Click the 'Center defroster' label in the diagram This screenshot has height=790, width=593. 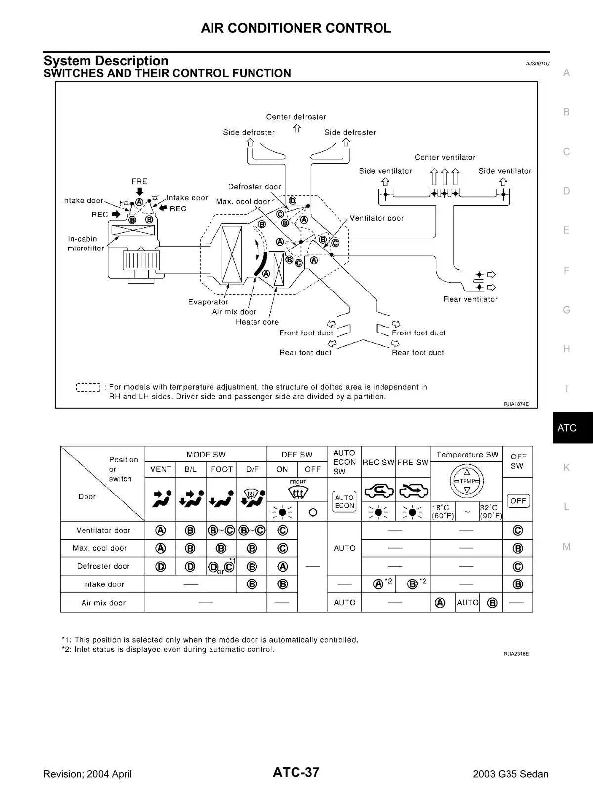point(296,117)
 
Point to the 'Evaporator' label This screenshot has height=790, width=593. point(208,302)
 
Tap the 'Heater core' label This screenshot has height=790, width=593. point(257,322)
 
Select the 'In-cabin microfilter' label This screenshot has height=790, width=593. point(85,244)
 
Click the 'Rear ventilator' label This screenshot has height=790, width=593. point(470,299)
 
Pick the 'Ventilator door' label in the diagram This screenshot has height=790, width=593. point(377,218)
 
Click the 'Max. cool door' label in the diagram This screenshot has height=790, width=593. point(243,202)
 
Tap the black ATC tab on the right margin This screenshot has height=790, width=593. point(572,428)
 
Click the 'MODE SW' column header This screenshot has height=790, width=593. point(206,455)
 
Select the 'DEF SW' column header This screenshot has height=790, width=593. point(297,455)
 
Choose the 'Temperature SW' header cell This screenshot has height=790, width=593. point(467,455)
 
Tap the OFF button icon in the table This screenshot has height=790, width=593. point(518,501)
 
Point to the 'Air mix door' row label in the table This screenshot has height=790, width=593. point(103,603)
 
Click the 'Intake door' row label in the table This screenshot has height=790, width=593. point(103,584)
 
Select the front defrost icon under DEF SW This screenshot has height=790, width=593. point(297,491)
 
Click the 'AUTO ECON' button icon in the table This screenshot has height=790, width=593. point(344,501)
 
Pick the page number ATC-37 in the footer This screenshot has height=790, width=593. point(296,773)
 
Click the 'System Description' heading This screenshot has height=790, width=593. point(106,61)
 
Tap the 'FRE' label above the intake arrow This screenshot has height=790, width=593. point(139,181)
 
